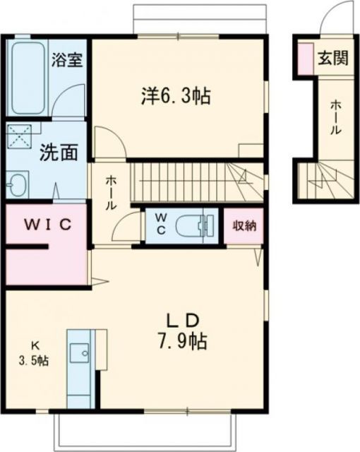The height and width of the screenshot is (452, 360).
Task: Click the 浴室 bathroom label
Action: coord(68,59)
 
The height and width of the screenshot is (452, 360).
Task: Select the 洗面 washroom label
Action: coord(54,152)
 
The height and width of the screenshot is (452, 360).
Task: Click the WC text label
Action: coord(160,226)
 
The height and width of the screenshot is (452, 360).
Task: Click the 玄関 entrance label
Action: coord(332,59)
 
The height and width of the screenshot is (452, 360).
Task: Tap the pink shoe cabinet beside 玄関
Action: coord(304,59)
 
